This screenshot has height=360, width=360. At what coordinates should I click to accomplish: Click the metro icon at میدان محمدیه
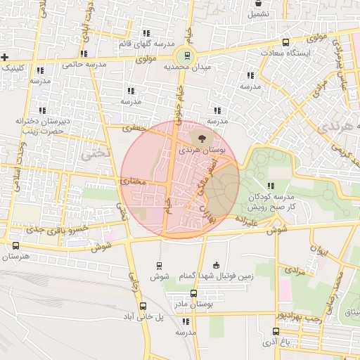(187, 56)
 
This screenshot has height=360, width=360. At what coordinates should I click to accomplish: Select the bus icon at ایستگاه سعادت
(285, 42)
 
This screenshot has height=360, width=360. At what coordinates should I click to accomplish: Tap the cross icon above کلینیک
(5, 56)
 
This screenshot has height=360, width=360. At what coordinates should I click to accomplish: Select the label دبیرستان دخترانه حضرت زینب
(41, 126)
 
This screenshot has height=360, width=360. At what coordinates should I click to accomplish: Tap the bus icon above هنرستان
(16, 245)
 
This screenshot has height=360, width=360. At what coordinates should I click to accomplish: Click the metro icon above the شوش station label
(159, 266)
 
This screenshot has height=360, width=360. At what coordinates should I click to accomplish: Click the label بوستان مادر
(196, 304)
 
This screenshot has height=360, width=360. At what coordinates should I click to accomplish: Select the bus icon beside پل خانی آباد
(143, 306)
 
